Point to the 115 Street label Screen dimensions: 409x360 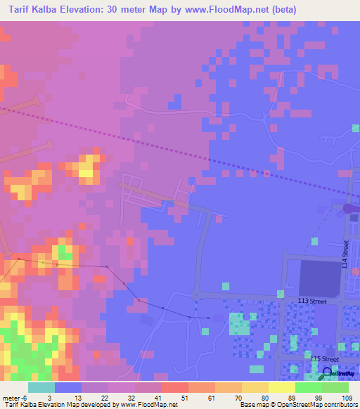point(326,358)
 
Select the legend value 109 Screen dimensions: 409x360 point(346,398)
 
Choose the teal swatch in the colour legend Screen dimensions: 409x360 point(41,387)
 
